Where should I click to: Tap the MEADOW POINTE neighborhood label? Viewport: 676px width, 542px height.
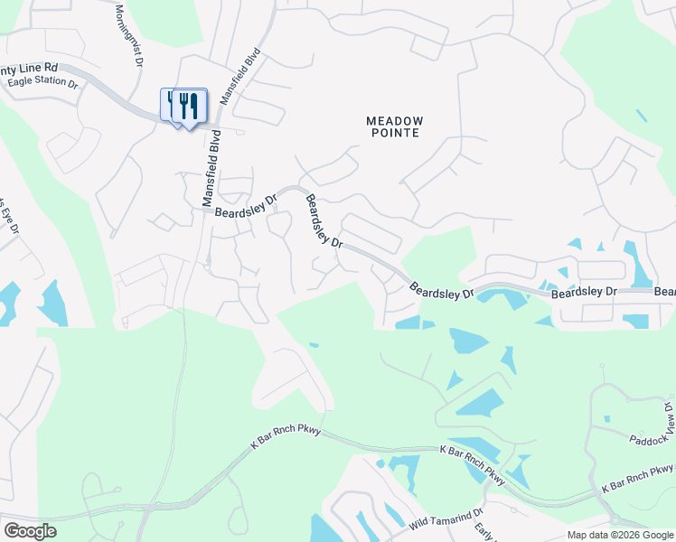394,126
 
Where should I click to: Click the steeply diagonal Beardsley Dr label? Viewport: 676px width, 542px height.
323,221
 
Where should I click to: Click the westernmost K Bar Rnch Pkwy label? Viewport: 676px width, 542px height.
286,430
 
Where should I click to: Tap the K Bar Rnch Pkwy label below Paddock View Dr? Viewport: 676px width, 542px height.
637,478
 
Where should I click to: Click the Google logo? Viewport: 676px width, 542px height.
30,531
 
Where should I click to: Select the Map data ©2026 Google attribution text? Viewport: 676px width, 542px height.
620,535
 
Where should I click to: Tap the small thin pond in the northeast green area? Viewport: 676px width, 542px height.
641,116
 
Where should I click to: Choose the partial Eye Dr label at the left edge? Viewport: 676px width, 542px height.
12,217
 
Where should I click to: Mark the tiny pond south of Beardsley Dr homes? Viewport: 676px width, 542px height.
314,344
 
